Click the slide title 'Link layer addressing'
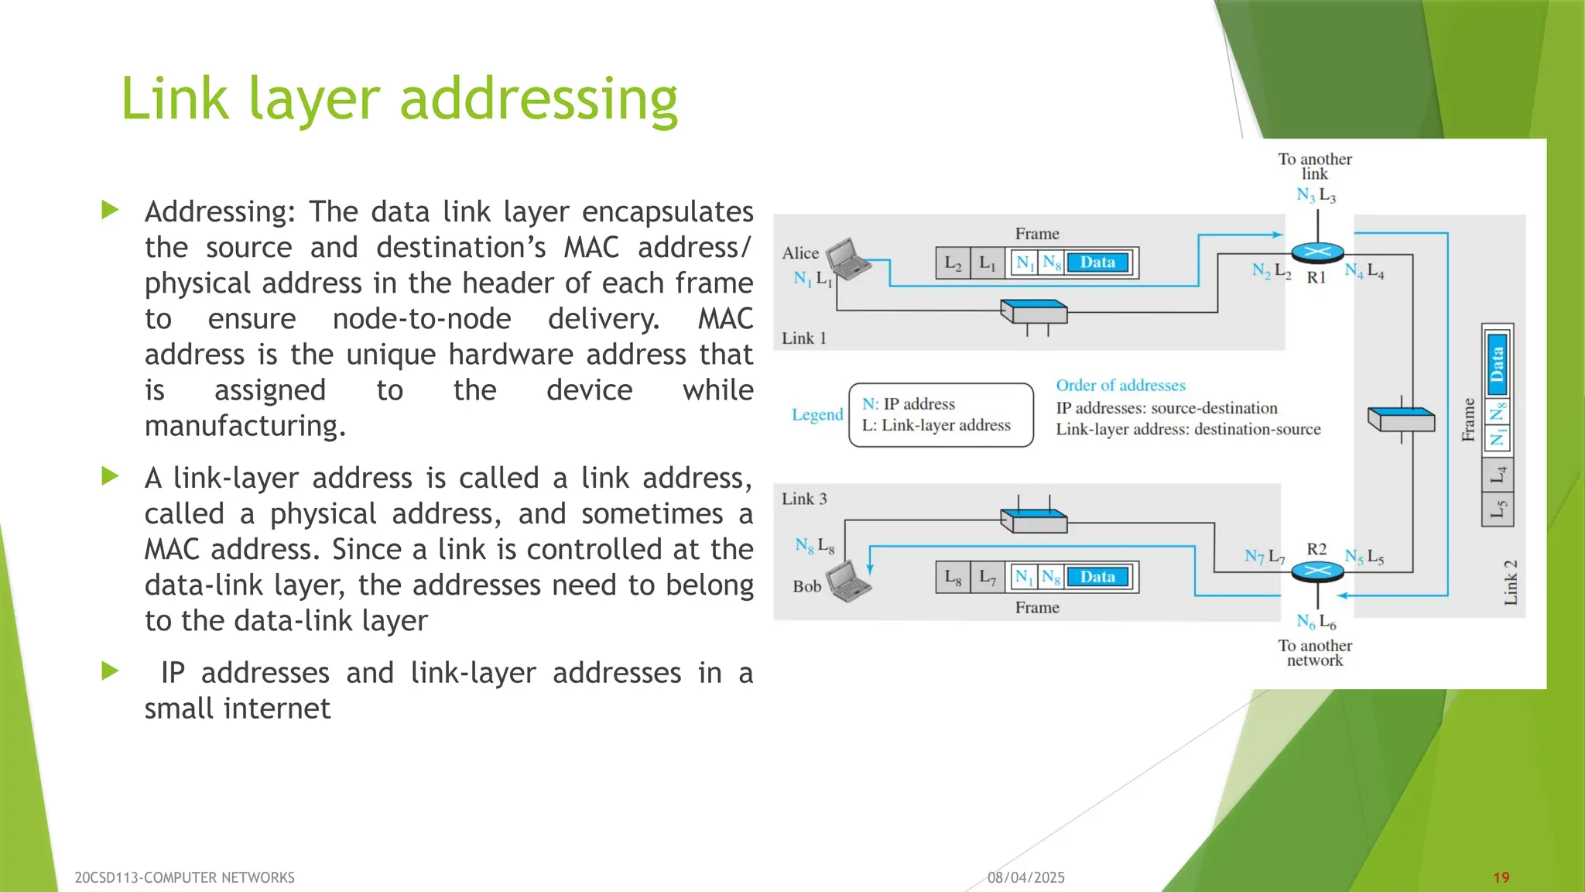399,99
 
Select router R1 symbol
1317,252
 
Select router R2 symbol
1317,571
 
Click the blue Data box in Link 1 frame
1097,262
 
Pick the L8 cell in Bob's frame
953,577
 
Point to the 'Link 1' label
803,338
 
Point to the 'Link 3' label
803,499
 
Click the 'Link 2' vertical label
1510,582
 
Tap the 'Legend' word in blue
816,414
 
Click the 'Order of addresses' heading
1120,385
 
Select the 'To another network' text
1315,653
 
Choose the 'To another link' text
1315,166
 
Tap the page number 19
1501,877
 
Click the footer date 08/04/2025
1025,877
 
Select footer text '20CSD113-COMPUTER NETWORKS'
184,877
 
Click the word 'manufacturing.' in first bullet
245,426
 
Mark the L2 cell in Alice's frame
953,262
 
